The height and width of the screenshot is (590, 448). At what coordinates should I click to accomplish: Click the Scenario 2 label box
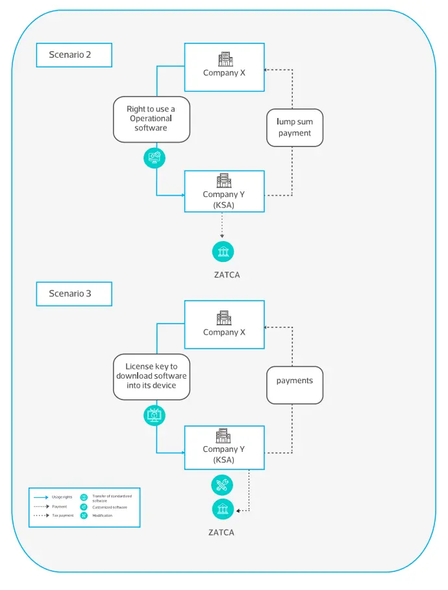pyautogui.click(x=74, y=55)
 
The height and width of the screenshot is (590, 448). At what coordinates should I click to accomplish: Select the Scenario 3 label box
pyautogui.click(x=74, y=294)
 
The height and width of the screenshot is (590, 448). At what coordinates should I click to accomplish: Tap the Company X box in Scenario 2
pyautogui.click(x=224, y=67)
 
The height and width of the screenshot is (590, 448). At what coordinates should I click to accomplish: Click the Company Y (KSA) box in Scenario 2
pyautogui.click(x=224, y=191)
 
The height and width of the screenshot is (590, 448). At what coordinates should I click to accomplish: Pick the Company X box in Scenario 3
pyautogui.click(x=224, y=325)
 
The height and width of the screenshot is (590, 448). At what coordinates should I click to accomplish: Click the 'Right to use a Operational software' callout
pyautogui.click(x=151, y=119)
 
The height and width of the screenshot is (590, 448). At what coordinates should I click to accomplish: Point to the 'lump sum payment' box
pyautogui.click(x=295, y=127)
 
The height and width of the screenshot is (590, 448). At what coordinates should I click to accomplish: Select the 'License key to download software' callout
pyautogui.click(x=151, y=376)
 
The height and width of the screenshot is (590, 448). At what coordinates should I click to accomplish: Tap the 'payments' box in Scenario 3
pyautogui.click(x=295, y=381)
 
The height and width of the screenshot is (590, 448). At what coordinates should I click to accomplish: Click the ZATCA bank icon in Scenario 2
pyautogui.click(x=223, y=251)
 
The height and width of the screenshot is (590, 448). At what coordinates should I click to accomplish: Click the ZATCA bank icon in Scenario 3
pyautogui.click(x=223, y=509)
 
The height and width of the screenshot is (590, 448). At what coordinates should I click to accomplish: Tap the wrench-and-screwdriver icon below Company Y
pyautogui.click(x=223, y=484)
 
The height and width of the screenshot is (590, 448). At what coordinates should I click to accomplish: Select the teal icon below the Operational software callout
pyautogui.click(x=155, y=157)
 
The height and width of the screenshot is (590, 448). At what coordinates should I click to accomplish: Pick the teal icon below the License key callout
pyautogui.click(x=155, y=415)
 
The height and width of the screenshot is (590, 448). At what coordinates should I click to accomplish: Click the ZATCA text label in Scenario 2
pyautogui.click(x=227, y=275)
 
